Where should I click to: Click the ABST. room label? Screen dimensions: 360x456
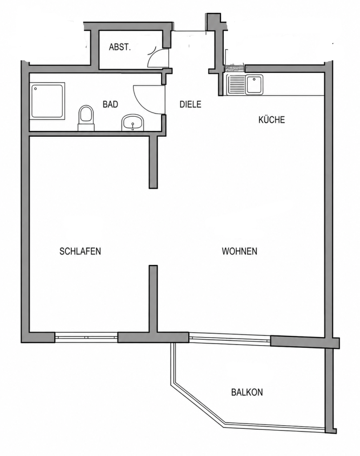coord(120,47)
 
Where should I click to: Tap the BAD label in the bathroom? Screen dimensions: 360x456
coord(110,104)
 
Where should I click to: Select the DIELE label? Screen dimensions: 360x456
coord(190,104)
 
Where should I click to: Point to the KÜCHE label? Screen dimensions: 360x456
coord(272,119)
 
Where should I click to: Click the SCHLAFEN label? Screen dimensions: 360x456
coord(80,251)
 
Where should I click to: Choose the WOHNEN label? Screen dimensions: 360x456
coord(239,251)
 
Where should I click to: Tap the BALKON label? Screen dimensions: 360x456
coord(247,392)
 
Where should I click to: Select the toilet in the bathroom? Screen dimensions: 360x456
coord(86,118)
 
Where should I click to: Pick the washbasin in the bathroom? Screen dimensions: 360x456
coord(133,122)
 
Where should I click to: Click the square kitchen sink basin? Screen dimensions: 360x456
coord(254,85)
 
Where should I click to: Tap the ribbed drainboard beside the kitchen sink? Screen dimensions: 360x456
coord(236,85)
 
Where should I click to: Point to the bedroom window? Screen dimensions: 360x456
coord(86,338)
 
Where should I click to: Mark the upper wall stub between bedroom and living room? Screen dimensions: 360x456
coord(153,162)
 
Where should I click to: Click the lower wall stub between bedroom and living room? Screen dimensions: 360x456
coord(153,299)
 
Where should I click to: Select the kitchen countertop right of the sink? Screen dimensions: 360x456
coord(294,85)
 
